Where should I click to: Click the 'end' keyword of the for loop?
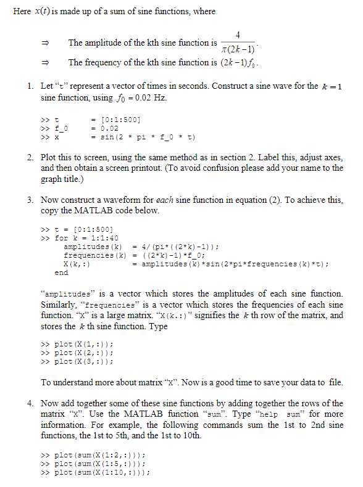(61, 272)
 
